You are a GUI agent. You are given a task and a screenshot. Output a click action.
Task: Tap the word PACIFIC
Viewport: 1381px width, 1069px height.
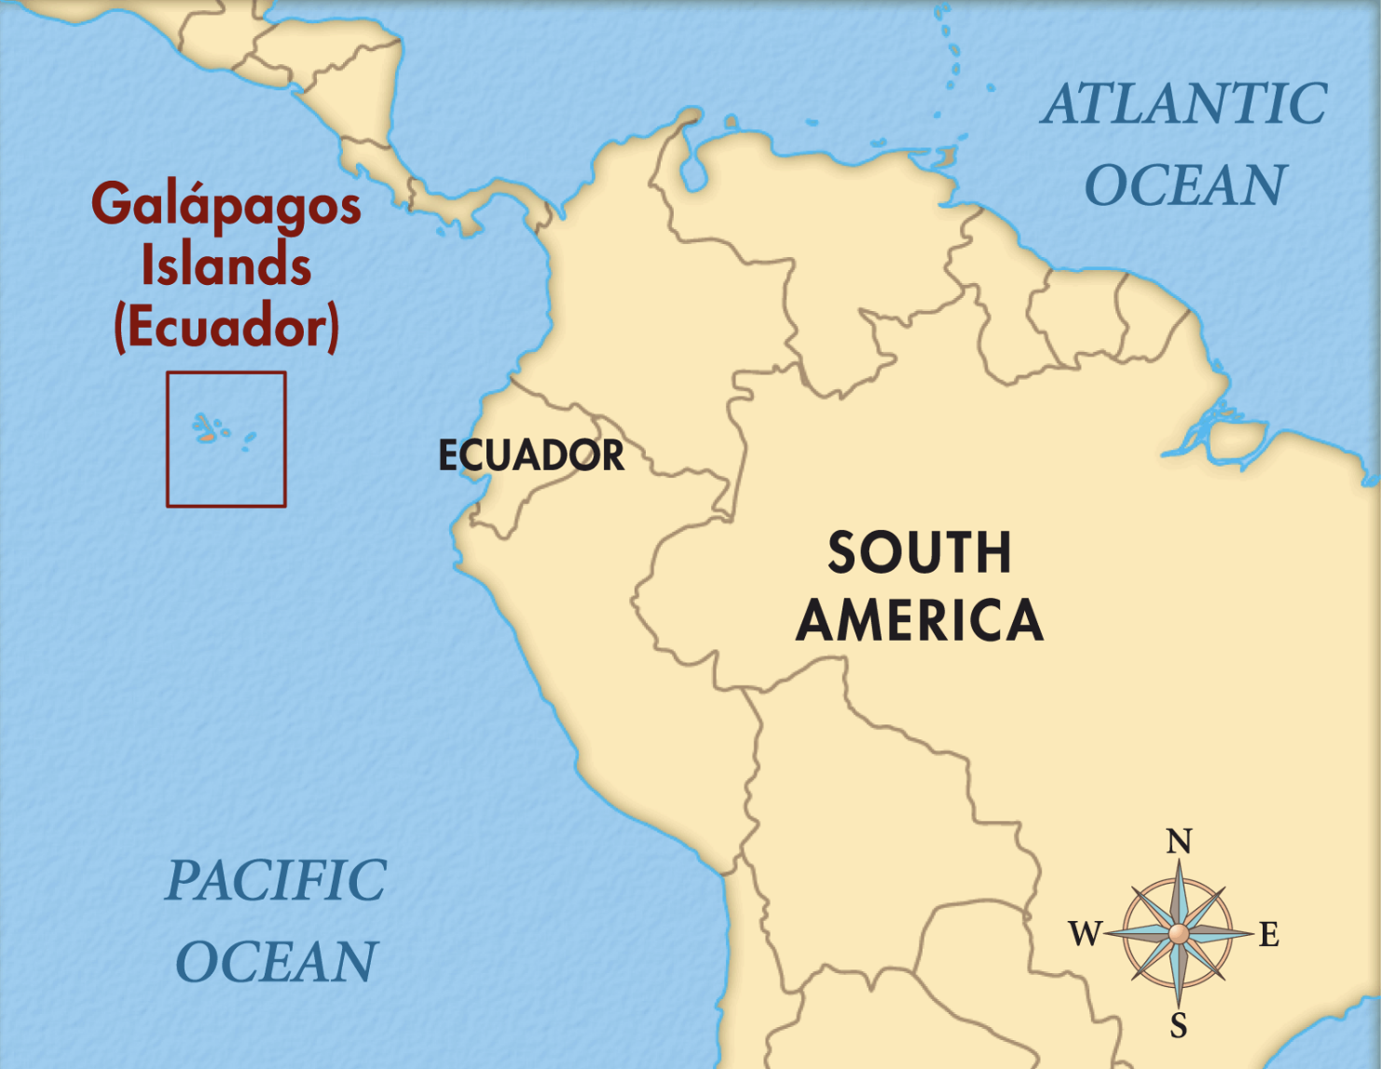(x=276, y=881)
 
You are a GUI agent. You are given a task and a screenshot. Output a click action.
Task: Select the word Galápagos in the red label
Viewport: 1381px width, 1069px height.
(x=226, y=206)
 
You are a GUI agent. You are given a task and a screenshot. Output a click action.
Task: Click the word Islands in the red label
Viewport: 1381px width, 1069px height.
(x=226, y=265)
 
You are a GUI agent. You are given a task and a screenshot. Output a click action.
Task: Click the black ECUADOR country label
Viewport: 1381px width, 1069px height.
(x=531, y=455)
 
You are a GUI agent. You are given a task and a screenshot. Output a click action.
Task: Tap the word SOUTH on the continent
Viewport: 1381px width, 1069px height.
(x=920, y=553)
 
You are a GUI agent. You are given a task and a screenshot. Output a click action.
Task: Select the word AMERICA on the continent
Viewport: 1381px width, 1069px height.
(x=920, y=621)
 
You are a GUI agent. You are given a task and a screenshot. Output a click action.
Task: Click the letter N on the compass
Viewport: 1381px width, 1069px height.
(x=1179, y=842)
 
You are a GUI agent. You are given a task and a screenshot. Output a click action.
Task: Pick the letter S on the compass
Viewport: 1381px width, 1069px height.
(x=1179, y=1025)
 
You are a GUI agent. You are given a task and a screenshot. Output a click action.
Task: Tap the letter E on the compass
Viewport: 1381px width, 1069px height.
(x=1269, y=934)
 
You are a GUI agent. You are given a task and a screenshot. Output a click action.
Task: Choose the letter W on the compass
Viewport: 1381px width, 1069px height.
(x=1086, y=933)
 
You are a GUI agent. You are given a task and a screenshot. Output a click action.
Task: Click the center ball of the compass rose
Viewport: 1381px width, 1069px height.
(x=1179, y=933)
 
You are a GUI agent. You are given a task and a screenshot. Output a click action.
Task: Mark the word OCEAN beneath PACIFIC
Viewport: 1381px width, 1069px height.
(x=276, y=962)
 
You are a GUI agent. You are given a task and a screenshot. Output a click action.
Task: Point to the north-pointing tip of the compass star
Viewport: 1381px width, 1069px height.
(x=1179, y=861)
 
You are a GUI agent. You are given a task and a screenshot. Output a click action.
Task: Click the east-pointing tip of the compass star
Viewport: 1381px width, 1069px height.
(x=1251, y=932)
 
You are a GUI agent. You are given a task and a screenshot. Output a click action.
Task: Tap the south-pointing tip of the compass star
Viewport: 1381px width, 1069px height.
(x=1179, y=1006)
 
